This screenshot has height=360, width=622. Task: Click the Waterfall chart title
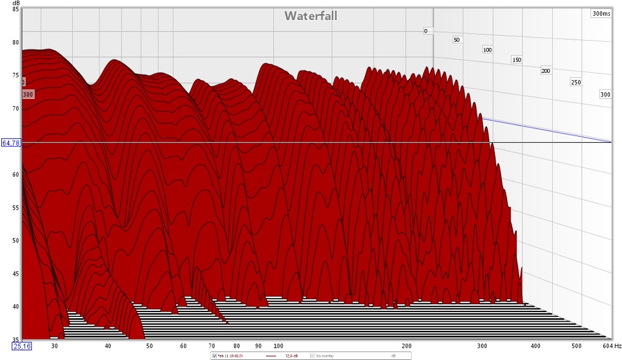[310, 16]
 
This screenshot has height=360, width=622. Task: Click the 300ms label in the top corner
[601, 13]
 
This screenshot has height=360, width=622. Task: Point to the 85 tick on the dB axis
[15, 10]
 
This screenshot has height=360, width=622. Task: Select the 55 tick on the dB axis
[15, 208]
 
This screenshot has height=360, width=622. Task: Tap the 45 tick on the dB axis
[15, 274]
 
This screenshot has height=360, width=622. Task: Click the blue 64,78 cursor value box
[11, 143]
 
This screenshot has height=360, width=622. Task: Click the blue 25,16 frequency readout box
[22, 346]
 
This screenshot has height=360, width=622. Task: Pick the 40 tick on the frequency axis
[108, 346]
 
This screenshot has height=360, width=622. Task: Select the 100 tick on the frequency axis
[278, 346]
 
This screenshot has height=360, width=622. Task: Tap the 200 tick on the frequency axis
[407, 346]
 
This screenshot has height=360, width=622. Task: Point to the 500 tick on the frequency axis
[576, 346]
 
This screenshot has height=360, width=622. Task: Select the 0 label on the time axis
[426, 30]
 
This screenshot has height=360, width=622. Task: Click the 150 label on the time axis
[517, 59]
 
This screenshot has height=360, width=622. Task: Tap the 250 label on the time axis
[575, 82]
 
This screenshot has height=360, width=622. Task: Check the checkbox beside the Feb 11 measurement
[213, 356]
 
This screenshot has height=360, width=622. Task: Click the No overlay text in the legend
[324, 356]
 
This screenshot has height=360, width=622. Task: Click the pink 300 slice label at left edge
[28, 94]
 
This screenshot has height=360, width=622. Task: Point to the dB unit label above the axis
[15, 2]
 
